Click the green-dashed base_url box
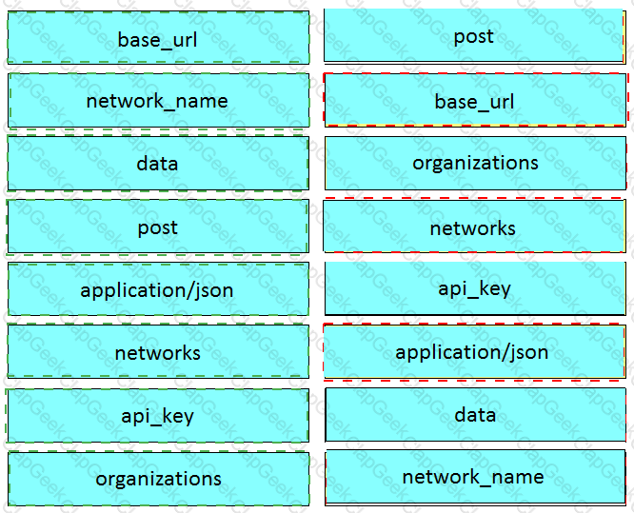click(x=158, y=38)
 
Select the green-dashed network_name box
click(x=158, y=101)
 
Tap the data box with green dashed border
click(x=158, y=164)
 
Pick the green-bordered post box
click(x=158, y=227)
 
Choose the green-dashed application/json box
click(x=158, y=289)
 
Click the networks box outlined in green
click(x=158, y=352)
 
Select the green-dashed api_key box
click(x=158, y=416)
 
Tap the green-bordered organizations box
click(x=158, y=479)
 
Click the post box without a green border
click(x=474, y=35)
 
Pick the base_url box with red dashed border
click(x=475, y=100)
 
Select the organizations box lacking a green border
click(x=476, y=163)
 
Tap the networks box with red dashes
click(x=475, y=226)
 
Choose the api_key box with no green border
click(x=475, y=288)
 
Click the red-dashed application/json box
click(x=474, y=352)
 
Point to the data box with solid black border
click(x=476, y=415)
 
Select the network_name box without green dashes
click(x=475, y=478)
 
